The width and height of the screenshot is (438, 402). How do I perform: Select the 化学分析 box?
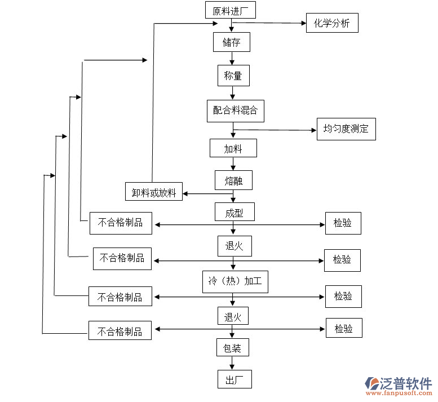coord(331,23)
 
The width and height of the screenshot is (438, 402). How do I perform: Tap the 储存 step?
coord(231,42)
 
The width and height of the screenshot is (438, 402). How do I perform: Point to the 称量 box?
coord(233,76)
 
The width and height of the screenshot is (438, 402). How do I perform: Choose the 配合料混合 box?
coord(235,111)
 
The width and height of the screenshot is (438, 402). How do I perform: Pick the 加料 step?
coord(233,149)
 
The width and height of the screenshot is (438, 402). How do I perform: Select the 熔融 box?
coord(233,180)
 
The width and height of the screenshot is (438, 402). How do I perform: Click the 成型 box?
coord(234,212)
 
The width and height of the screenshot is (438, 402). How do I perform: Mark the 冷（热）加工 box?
coord(235,281)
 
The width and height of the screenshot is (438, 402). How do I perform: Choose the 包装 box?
coord(233,347)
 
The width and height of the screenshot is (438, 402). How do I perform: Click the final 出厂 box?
coord(234,379)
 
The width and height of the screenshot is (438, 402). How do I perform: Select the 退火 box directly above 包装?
coord(233,316)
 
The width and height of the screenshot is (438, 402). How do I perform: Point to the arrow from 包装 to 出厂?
coord(232,363)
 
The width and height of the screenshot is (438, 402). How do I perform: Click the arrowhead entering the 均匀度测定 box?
coord(313,130)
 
